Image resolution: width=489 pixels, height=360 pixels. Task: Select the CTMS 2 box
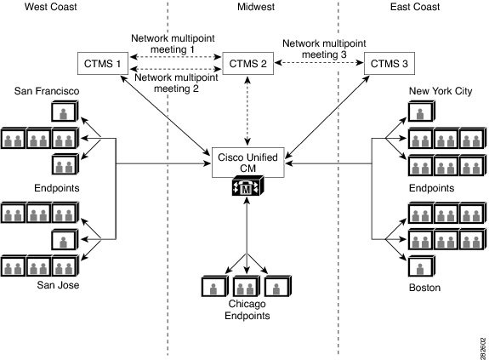coord(247,63)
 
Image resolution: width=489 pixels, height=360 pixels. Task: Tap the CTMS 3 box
coord(388,63)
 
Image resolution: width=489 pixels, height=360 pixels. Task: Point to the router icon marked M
coord(247,190)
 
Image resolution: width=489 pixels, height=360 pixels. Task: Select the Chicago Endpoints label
coord(247,309)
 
